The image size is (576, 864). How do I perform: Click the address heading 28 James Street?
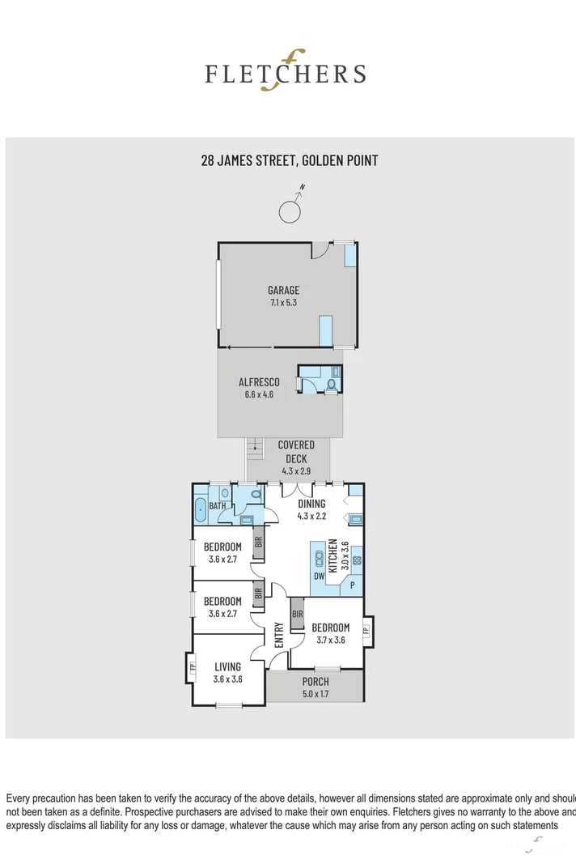289,160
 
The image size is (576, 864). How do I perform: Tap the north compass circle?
290,211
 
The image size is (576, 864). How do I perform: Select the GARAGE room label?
284,290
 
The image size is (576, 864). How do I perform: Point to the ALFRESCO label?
259,382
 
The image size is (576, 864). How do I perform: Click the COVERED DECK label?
295,452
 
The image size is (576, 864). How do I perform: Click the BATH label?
218,506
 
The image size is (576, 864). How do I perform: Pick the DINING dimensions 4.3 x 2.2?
311,516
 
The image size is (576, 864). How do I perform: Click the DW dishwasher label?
320,576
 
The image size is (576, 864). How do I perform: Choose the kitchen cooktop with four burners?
356,558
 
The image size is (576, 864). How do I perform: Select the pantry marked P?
352,585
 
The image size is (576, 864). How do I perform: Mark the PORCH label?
315,682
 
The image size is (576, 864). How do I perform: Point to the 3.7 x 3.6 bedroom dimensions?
330,639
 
